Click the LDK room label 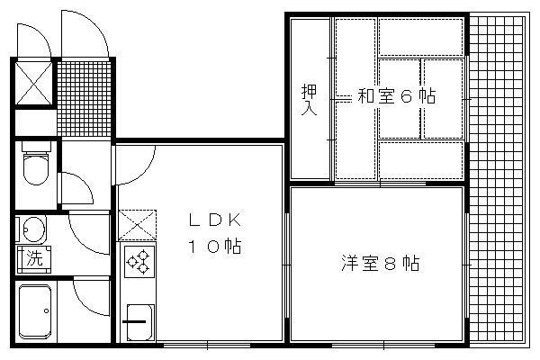pos(215,220)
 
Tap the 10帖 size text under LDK pos(214,246)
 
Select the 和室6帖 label pos(396,96)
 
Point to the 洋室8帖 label pos(380,263)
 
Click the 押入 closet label pos(309,100)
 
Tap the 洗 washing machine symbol pos(34,259)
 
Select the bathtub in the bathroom pos(35,311)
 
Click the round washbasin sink pos(34,229)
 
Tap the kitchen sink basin pos(139,322)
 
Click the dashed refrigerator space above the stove pos(137,225)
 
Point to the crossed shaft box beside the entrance pos(34,83)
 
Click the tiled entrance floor pos(84,99)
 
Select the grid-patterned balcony pos(498,179)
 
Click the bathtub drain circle pos(46,311)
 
